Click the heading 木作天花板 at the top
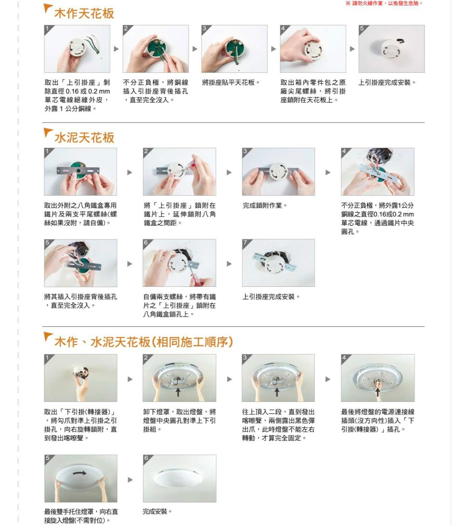coord(84,13)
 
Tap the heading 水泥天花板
coord(84,137)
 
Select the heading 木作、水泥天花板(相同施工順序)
coord(144,342)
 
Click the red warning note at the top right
coord(384,3)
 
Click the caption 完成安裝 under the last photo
coord(157,511)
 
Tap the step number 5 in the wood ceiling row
coord(361,28)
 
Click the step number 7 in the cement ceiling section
coord(245,242)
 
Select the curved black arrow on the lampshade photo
coord(80,473)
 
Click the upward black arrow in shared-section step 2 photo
coord(178,391)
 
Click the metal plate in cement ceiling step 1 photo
coord(78,171)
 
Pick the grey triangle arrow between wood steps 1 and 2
coord(116,49)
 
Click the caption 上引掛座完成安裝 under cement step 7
coord(271,297)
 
